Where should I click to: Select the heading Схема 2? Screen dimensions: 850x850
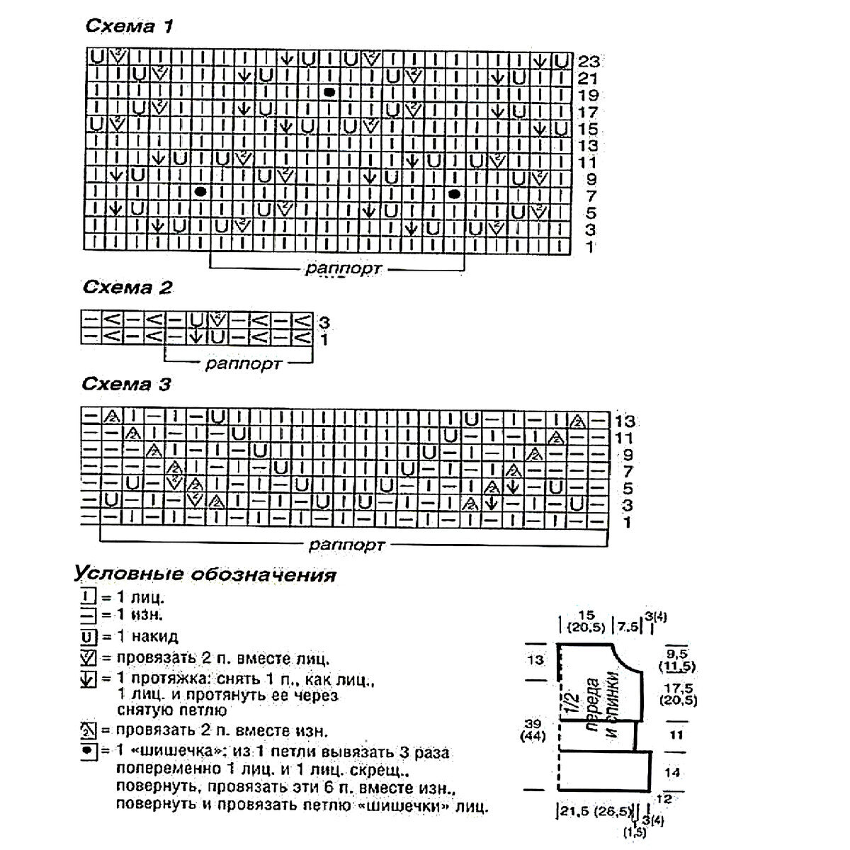pos(127,288)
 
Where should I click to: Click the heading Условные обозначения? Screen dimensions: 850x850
pos(204,574)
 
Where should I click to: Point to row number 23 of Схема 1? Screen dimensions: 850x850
pos(589,62)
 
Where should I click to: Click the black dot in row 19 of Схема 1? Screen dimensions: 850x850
pos(329,93)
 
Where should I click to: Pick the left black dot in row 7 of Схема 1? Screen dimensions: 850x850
pos(200,192)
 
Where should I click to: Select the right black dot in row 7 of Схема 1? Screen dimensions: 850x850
pos(454,193)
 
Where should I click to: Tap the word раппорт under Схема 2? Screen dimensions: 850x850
pos(244,365)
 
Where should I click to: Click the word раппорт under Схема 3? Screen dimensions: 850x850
pos(346,545)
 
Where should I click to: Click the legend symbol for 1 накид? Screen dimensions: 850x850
pos(86,636)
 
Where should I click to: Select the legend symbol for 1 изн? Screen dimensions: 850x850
pos(86,616)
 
